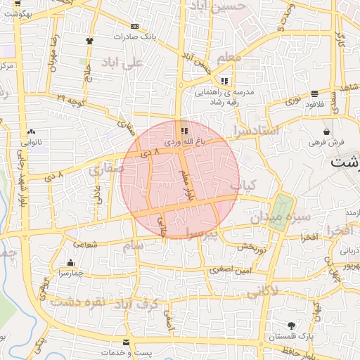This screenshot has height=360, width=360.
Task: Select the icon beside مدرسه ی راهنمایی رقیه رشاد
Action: pos(225,81)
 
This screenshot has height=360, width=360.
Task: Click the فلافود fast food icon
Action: pos(314,93)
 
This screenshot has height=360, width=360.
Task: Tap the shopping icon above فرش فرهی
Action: pos(327,131)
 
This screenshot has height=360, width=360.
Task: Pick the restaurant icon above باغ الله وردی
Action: pos(184,131)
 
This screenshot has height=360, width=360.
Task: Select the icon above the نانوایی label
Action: pos(31,131)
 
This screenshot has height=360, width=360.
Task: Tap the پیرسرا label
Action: pos(203,231)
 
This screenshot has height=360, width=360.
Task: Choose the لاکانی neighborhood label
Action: pos(263,290)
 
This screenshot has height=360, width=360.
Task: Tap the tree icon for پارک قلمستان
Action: pos(292,326)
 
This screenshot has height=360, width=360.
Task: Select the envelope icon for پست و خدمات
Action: pos(126,342)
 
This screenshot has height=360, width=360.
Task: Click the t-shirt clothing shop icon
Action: pos(89,41)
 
